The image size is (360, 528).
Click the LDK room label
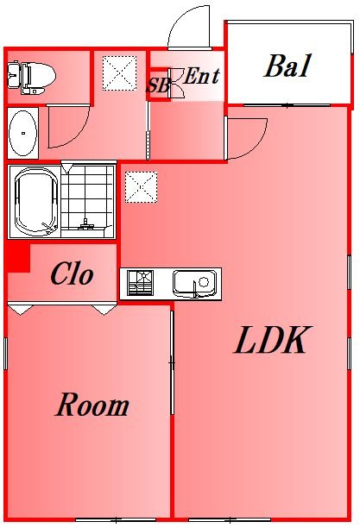point(271,340)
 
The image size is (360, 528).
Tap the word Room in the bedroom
point(92,405)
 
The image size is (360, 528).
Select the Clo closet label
point(72,273)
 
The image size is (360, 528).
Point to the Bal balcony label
point(287,66)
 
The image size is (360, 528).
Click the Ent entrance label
point(201,76)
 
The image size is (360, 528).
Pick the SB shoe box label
point(158,85)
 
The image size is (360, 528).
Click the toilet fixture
point(31,78)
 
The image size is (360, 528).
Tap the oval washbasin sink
point(23,133)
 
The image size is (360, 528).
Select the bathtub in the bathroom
point(35,201)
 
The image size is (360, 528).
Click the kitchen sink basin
point(195,284)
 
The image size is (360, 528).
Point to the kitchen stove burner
point(141,283)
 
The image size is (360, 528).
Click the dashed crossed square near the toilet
point(120,73)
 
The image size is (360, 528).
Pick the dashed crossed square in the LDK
point(142,187)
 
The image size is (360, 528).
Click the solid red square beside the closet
point(18,258)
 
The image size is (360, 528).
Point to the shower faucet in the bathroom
point(85,224)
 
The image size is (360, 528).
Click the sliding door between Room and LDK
point(172,362)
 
